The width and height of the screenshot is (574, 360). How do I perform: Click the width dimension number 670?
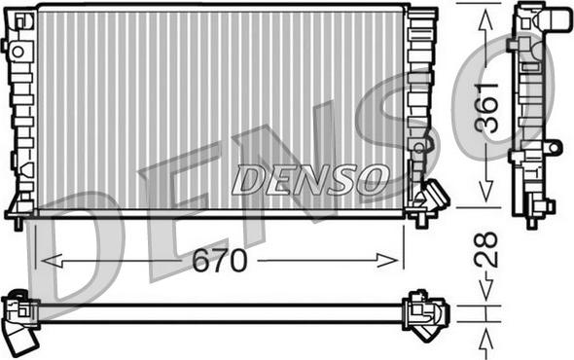(x=219, y=261)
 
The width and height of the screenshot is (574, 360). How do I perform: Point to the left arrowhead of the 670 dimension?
(x=43, y=261)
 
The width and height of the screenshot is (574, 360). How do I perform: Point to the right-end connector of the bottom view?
(x=427, y=312)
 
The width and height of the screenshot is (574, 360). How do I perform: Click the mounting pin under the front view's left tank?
(x=17, y=224)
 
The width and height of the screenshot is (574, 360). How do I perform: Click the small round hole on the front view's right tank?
(x=418, y=148)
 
